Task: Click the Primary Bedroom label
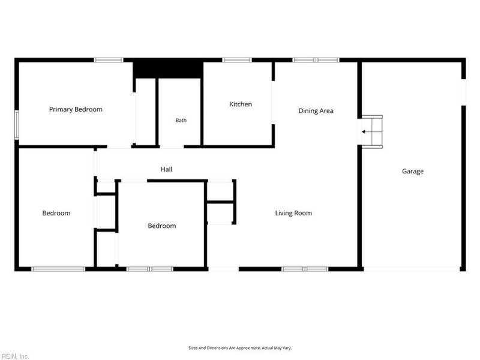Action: click(x=76, y=109)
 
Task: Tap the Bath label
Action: click(x=181, y=121)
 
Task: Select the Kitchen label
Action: click(x=241, y=104)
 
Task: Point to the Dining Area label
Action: click(x=316, y=111)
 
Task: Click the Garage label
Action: click(x=413, y=171)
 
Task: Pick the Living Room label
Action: click(x=293, y=213)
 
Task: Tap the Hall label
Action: click(x=167, y=169)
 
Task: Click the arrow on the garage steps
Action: click(x=367, y=132)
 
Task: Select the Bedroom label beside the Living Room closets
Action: click(x=162, y=226)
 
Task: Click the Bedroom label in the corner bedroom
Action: click(x=56, y=213)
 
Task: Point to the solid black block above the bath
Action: click(x=168, y=70)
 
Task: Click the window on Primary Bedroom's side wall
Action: click(x=17, y=125)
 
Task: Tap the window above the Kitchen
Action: click(x=237, y=60)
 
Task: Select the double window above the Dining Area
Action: click(x=316, y=60)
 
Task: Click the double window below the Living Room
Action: click(x=305, y=269)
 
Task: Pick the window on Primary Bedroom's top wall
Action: click(x=109, y=60)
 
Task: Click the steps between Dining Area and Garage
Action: click(x=372, y=132)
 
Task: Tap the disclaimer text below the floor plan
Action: click(x=240, y=348)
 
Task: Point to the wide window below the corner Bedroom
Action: click(x=58, y=269)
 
